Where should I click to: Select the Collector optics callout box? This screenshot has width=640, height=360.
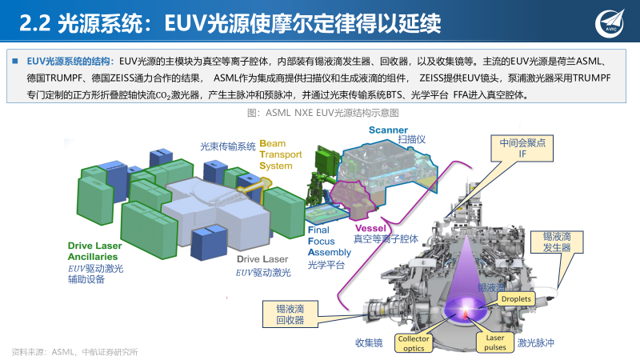tap(413, 343)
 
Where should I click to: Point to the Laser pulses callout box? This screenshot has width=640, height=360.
tap(495, 343)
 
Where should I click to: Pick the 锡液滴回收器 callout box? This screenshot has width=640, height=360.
tap(290, 314)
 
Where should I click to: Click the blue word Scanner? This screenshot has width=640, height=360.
tap(389, 130)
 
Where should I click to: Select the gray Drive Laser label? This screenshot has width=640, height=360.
tap(262, 260)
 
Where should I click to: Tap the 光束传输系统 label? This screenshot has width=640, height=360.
tap(227, 146)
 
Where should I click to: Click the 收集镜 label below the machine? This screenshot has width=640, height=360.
tap(370, 343)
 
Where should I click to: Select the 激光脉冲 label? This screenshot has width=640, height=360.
tap(535, 343)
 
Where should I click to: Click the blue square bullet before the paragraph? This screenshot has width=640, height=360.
tap(14, 61)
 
